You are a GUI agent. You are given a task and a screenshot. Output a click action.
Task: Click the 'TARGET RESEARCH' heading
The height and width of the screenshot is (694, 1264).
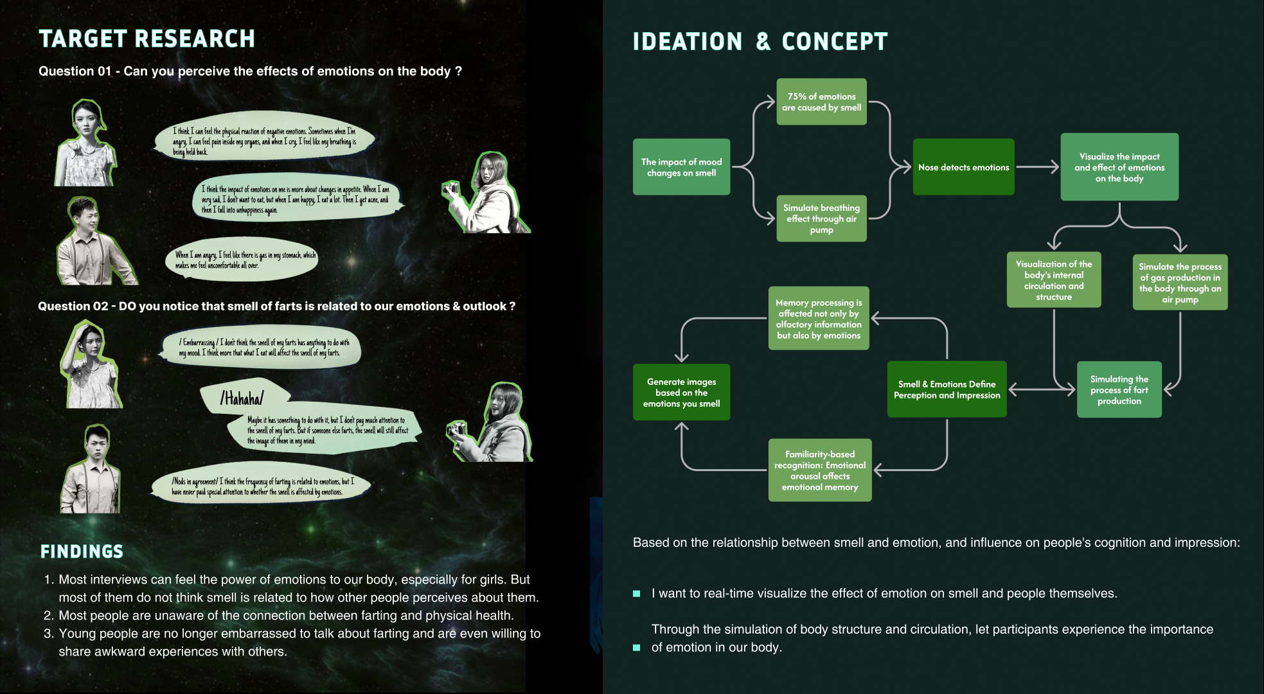[x=147, y=39]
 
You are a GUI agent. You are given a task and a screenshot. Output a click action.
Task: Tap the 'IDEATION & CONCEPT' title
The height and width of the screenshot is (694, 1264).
[x=760, y=42]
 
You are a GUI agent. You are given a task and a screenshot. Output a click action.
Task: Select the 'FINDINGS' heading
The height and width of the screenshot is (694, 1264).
[x=82, y=551]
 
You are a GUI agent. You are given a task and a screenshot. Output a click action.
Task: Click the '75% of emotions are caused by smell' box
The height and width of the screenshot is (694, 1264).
[x=821, y=102]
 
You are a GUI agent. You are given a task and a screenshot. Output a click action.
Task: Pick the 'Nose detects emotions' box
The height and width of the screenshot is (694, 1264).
[x=963, y=167]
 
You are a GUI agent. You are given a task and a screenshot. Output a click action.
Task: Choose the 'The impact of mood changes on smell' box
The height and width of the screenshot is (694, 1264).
[x=681, y=167]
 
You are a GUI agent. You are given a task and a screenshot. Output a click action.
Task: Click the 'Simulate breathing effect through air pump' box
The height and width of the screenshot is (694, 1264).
[x=821, y=218]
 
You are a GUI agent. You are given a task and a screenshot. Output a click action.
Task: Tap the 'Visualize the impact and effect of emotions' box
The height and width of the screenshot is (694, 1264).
[x=1119, y=167]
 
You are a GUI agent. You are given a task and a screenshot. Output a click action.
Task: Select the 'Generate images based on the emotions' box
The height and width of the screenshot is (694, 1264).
[x=681, y=392]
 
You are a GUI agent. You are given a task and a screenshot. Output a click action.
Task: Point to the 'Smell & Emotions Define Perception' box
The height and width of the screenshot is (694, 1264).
[x=947, y=389]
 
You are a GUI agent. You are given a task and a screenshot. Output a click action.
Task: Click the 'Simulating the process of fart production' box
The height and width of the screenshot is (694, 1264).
[x=1119, y=389]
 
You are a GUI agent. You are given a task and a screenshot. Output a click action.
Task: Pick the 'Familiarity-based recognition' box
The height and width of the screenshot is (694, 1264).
[x=820, y=470]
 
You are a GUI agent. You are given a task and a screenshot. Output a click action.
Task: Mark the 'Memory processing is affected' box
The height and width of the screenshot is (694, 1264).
[x=819, y=318]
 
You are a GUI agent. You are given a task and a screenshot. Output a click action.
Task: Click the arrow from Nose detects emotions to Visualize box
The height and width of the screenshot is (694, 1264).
[x=1037, y=167]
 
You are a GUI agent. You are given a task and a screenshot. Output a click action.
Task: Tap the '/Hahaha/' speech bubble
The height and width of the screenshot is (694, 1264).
[x=243, y=398]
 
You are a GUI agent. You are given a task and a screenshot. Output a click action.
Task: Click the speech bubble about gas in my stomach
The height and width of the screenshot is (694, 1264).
[x=243, y=259]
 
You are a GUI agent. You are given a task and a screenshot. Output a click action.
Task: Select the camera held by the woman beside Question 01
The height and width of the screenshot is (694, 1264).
[x=450, y=189]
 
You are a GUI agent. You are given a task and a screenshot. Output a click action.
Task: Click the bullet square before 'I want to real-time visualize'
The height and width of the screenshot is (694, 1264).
[x=636, y=594]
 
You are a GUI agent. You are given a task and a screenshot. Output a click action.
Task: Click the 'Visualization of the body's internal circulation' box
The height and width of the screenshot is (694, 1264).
[x=1054, y=280]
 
